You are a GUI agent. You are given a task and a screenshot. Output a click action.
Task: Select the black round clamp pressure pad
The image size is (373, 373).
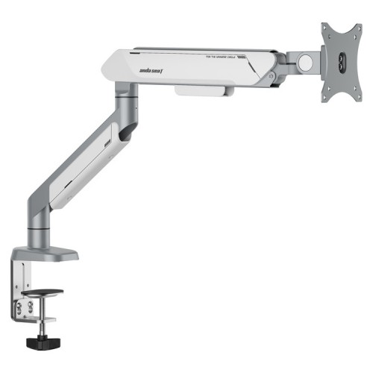point(42,293)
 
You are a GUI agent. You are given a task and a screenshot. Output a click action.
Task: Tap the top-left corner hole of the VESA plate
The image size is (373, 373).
point(326,29)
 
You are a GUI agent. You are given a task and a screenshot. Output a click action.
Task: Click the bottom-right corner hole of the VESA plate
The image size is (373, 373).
point(357,98)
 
